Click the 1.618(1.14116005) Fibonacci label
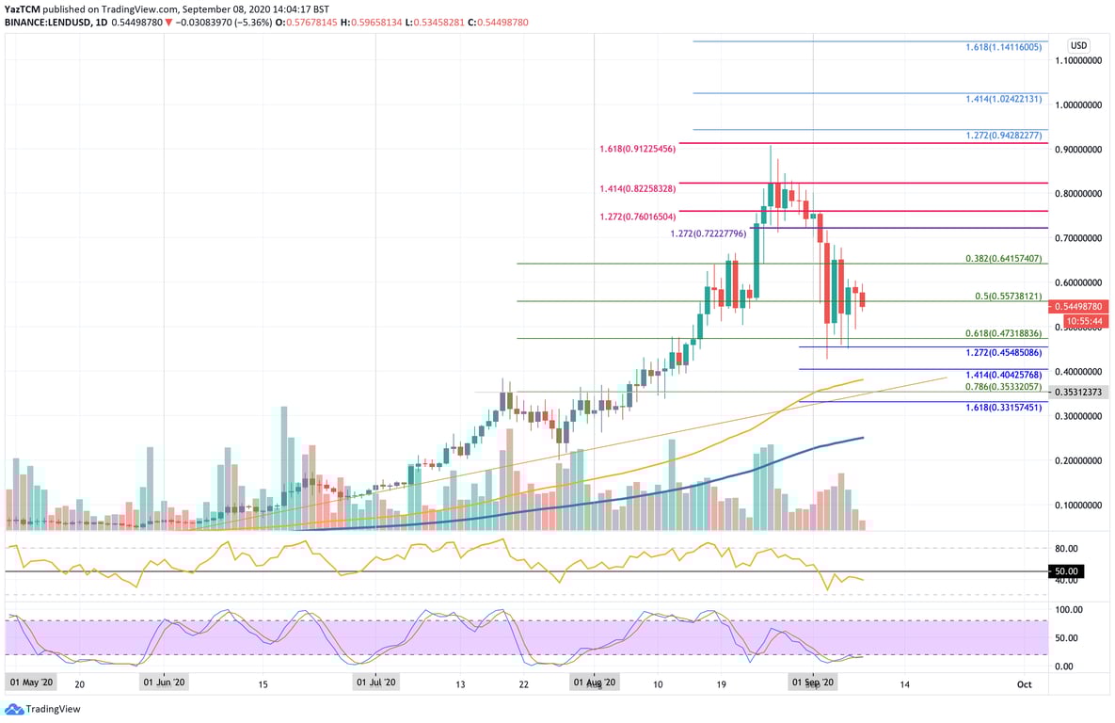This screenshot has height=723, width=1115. pos(1004,46)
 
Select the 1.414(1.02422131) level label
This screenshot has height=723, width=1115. pos(1004,98)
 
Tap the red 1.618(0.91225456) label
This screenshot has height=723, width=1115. pos(637,149)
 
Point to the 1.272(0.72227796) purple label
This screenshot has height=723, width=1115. pos(709,233)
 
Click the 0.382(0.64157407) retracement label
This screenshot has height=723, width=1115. pos(1004,258)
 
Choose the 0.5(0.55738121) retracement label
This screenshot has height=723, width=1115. pos(1008,296)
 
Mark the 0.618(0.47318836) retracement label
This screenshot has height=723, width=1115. pos(1004,333)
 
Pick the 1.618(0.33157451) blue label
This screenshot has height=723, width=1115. pos(1004,408)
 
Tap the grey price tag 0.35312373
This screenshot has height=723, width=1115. pos(1078,393)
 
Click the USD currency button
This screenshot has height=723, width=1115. pos(1078,45)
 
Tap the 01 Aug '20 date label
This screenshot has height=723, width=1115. pos(595,682)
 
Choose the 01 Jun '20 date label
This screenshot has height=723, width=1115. pos(164,682)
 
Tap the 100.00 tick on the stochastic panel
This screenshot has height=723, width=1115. pos(1066,610)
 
